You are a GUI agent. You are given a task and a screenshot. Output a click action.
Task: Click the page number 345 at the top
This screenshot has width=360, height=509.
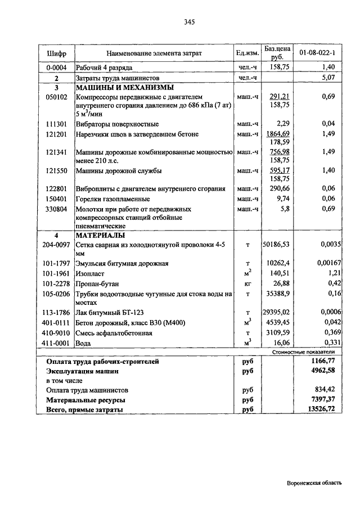click(x=188, y=22)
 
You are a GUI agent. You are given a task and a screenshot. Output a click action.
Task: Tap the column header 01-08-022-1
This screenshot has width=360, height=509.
click(x=317, y=53)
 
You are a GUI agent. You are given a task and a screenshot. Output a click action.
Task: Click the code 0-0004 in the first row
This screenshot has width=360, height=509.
click(x=56, y=67)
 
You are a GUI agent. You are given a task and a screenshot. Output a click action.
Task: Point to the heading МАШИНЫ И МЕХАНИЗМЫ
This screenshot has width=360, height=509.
click(x=124, y=88)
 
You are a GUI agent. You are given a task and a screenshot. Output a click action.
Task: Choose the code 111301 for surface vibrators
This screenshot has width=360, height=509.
click(x=56, y=124)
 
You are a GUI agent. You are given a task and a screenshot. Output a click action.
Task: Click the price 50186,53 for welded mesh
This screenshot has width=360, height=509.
click(x=276, y=245)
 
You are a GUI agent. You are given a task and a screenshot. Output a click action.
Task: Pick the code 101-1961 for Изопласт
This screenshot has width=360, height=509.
click(x=56, y=274)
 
